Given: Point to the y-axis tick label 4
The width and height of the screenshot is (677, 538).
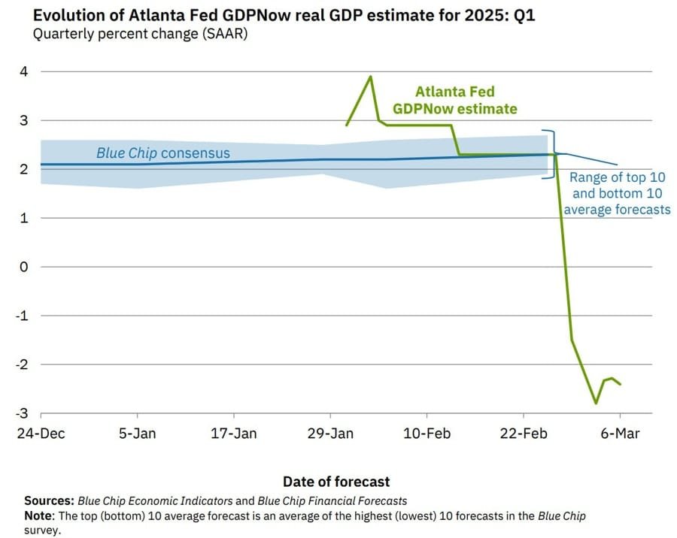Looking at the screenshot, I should (23, 72).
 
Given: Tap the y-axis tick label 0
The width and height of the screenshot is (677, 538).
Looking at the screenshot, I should (23, 267).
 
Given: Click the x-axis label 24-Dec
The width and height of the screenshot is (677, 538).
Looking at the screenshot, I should (41, 434).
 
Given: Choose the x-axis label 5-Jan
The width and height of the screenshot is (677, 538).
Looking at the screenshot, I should (138, 434).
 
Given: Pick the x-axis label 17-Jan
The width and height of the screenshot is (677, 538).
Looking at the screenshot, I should (234, 434).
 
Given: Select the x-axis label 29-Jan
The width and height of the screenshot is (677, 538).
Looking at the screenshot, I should (331, 434).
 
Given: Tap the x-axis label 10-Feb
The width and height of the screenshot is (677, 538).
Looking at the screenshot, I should (427, 434).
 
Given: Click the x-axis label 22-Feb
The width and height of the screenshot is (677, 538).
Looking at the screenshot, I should (524, 434).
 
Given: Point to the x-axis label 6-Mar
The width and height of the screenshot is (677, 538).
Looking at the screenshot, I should (621, 434).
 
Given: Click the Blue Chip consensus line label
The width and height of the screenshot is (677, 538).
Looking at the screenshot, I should (163, 153).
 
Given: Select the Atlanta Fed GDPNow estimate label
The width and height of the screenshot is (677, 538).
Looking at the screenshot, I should (455, 100).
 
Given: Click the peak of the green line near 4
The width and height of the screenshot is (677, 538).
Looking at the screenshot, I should (370, 76).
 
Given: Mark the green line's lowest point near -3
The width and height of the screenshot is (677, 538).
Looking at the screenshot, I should (596, 403).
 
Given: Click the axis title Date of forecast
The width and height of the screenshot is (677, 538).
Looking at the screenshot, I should (336, 482).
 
